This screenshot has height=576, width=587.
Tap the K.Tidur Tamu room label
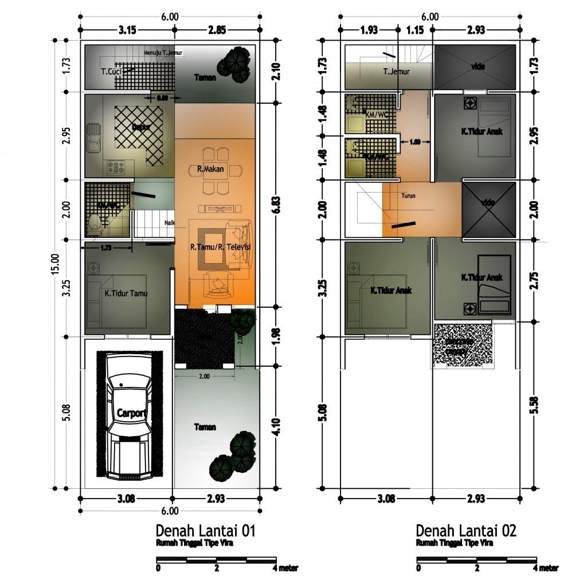point(126,293)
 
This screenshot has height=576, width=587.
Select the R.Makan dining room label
point(210,169)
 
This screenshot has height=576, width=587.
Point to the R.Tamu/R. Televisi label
point(221,247)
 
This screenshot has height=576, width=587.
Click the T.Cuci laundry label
point(110,72)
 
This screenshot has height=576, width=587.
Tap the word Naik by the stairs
point(169,224)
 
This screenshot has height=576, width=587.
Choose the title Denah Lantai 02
point(466,530)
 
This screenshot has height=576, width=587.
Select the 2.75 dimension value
point(535,279)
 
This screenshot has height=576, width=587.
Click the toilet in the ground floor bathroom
point(95,224)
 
